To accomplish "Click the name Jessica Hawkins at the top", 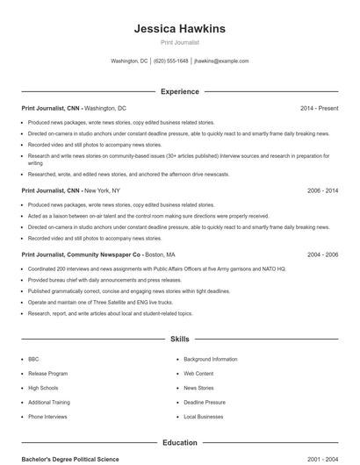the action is point(179,28).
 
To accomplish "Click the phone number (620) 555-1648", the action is point(171,61).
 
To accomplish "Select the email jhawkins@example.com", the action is point(221,61).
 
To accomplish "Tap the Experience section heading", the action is point(179,91).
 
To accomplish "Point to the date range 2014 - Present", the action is point(319,108).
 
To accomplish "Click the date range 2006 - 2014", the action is point(322,190).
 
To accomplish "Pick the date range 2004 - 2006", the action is point(322,254).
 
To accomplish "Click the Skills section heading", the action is point(179,339).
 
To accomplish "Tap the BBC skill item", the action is point(33,359).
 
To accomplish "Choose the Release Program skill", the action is point(47,373).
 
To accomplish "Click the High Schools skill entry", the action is point(43,388).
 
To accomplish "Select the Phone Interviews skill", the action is point(47,417).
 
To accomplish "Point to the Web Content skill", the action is point(198,373).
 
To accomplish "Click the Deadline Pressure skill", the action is point(205,402).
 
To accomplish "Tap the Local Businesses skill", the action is point(204,417).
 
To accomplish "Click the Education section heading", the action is point(179,443).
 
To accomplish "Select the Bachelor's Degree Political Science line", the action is point(69,459).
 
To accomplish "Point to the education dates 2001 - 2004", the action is point(322,459).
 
